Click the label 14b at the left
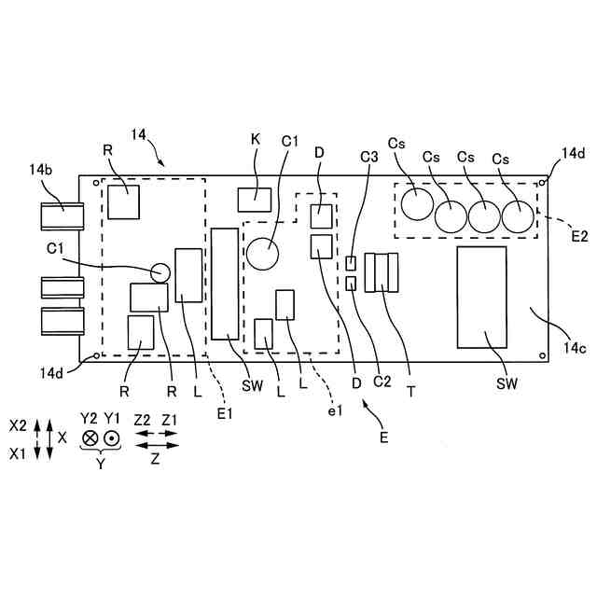[40, 170]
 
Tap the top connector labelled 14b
[62, 215]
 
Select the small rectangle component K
[254, 200]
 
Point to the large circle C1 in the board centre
[264, 252]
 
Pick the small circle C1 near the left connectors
[160, 271]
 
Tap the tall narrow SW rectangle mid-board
[224, 284]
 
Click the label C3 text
[369, 157]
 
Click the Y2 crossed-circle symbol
[90, 437]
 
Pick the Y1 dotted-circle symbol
[112, 437]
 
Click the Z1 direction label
[169, 421]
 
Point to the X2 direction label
[18, 423]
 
